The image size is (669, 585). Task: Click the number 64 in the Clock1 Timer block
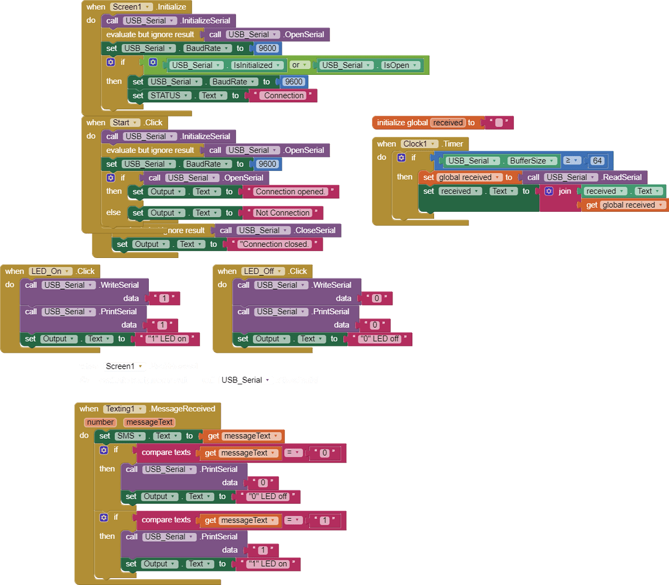pos(598,161)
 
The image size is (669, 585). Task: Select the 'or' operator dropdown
pos(299,65)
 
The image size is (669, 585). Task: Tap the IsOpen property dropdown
pos(399,66)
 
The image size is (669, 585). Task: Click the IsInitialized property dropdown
pos(256,66)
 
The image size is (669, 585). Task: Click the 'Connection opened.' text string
pos(291,192)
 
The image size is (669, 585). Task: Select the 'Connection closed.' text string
pos(275,245)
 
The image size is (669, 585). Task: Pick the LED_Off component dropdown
pos(264,271)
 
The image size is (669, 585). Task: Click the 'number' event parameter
pos(100,422)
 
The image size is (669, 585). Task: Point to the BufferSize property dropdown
pos(531,161)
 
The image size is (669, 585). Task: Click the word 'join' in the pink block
pos(565,191)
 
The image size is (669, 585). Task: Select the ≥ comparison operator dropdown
pos(571,160)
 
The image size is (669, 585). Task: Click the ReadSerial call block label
pos(622,177)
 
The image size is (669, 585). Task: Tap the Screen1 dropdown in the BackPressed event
pos(124,367)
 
